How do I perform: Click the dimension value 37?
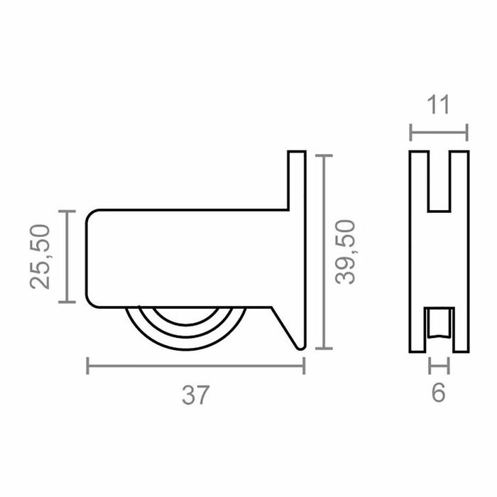(195, 395)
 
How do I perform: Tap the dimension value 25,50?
(40, 256)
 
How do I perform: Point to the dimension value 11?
(439, 105)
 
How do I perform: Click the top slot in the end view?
(439, 180)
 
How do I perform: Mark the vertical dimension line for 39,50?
(324, 252)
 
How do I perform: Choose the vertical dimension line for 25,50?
(67, 256)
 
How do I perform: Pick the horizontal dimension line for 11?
(439, 132)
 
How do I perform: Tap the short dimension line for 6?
(439, 366)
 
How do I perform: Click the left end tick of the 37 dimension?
(87, 366)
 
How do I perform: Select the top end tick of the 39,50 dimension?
(324, 155)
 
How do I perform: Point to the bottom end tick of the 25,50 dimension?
(67, 302)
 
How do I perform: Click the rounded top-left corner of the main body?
(91, 214)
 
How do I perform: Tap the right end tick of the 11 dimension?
(467, 132)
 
